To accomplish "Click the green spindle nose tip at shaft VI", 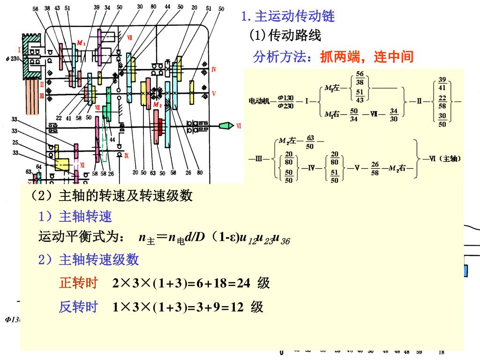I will tap(226, 126).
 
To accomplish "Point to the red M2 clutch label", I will tap(157, 105).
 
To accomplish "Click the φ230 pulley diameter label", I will tap(11, 59).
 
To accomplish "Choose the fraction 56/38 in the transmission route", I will tap(360, 78).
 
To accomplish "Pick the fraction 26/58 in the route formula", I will tap(375, 169).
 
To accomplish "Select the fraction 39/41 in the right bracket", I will tap(442, 83).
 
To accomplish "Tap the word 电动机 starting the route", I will tap(258, 101).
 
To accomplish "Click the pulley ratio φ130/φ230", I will tap(285, 101).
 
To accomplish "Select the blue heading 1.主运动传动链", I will tap(288, 17).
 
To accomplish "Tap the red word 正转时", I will tap(78, 283).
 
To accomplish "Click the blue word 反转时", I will tap(78, 307).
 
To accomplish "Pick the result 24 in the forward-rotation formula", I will tap(243, 284).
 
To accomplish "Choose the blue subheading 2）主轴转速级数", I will tap(89, 259).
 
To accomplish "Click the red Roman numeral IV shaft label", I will tap(213, 70).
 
